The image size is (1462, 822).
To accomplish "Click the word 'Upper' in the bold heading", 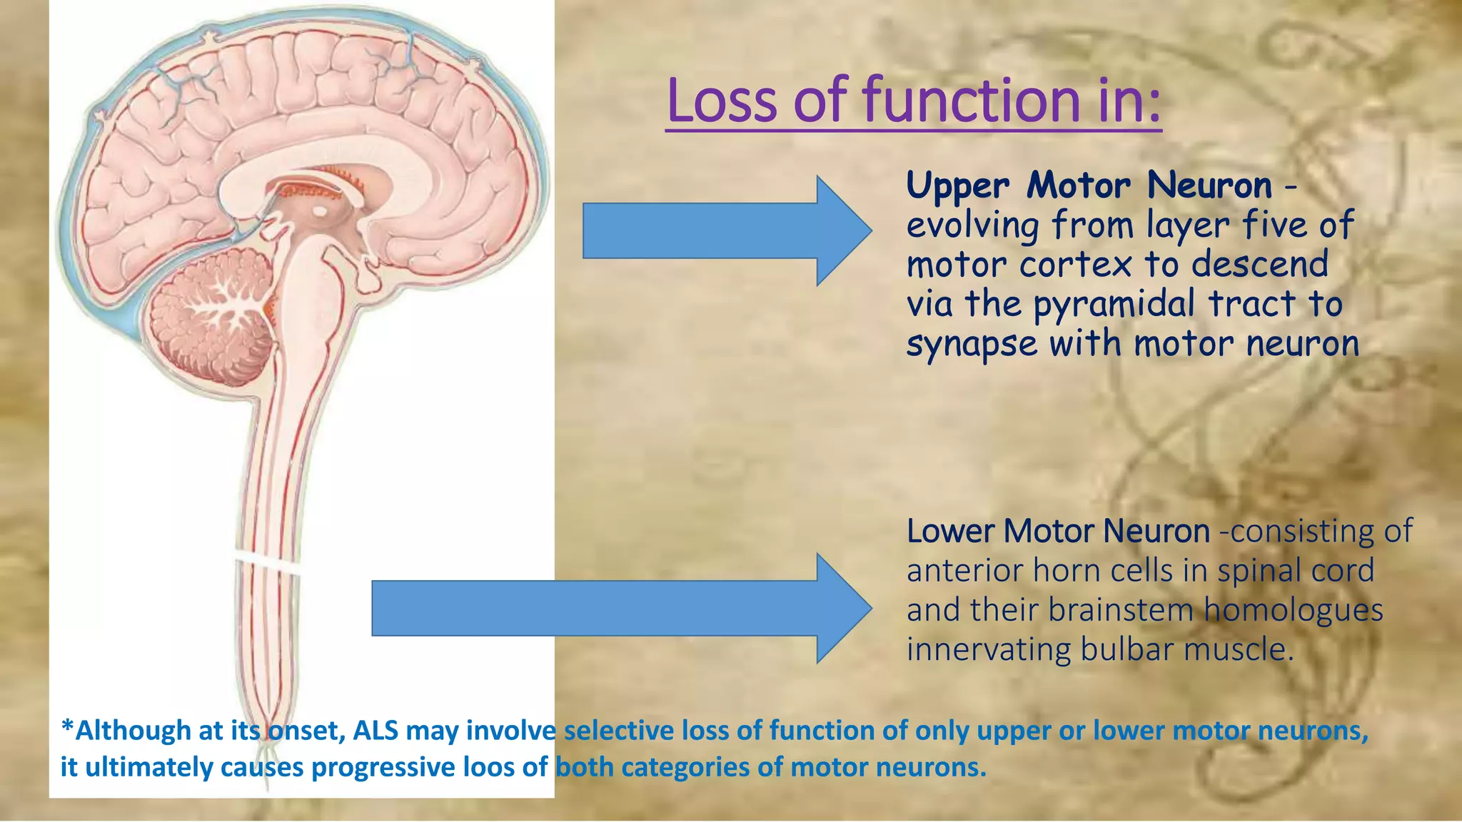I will pyautogui.click(x=957, y=186).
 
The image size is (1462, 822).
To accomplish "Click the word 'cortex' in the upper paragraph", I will pyautogui.click(x=1076, y=265).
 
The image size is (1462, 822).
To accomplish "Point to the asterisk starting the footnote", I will pyautogui.click(x=67, y=728).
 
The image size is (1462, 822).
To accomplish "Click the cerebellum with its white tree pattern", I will pyautogui.click(x=214, y=314).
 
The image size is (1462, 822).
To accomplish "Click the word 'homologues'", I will pyautogui.click(x=1293, y=610).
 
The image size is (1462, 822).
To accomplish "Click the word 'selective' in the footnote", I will pyautogui.click(x=617, y=731).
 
